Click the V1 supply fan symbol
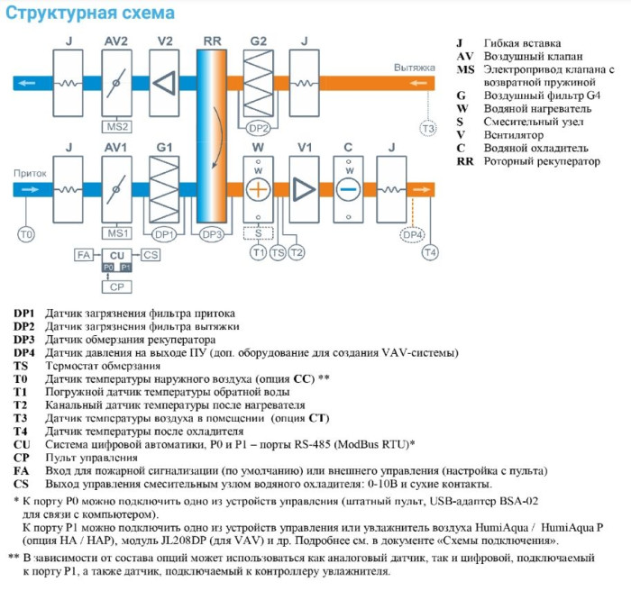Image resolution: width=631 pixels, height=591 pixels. tap(304, 189)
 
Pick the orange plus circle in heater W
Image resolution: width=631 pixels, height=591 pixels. tap(258, 189)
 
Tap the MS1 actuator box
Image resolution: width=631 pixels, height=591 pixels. tap(117, 233)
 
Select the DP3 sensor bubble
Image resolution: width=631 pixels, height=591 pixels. tap(212, 233)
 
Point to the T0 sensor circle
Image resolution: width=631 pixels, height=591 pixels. tap(26, 234)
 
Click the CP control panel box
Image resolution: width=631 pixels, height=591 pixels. tap(116, 286)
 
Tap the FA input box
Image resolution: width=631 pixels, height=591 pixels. tap(83, 256)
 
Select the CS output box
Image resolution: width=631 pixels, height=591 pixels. tap(151, 256)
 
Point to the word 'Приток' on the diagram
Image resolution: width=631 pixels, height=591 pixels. tap(29, 172)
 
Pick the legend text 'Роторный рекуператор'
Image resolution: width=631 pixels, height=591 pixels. tap(541, 161)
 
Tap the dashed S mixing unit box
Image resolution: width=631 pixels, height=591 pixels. tap(258, 233)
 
